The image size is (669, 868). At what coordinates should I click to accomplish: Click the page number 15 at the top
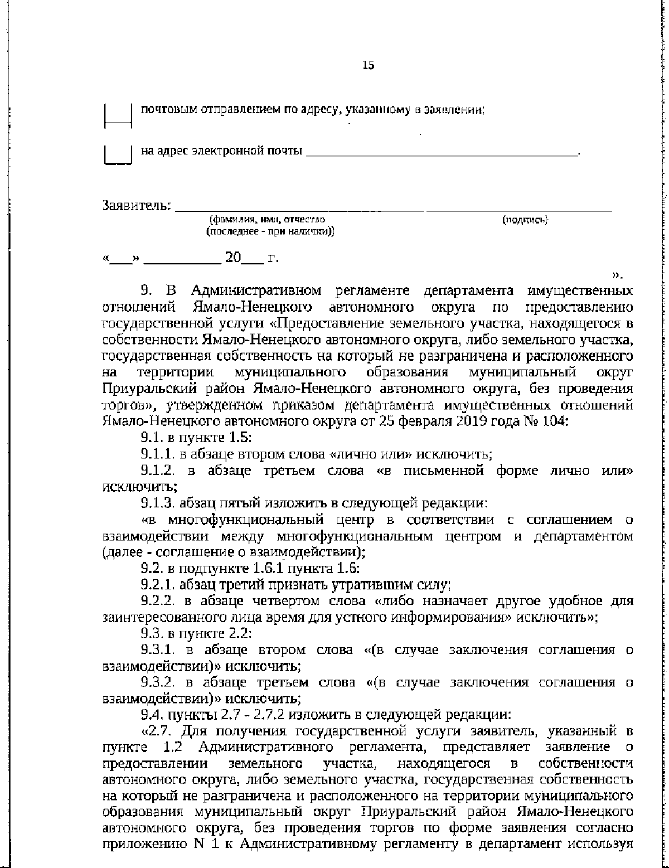click(368, 65)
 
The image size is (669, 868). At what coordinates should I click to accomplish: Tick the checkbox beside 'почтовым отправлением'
click(118, 115)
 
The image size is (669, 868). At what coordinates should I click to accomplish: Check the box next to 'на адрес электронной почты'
click(118, 154)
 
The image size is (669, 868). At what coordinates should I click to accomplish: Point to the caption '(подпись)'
click(525, 220)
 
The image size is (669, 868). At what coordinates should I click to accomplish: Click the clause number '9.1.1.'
click(157, 454)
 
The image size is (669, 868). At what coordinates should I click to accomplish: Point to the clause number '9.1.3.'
click(157, 503)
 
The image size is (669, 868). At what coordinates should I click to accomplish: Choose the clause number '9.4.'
click(152, 715)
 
